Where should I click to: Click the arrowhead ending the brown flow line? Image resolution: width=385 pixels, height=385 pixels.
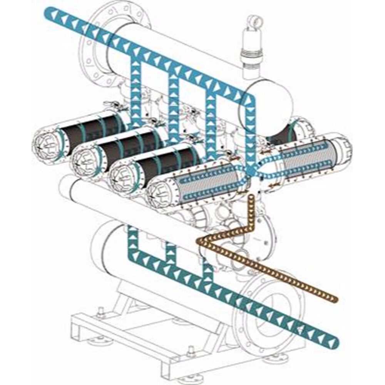[333, 298]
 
